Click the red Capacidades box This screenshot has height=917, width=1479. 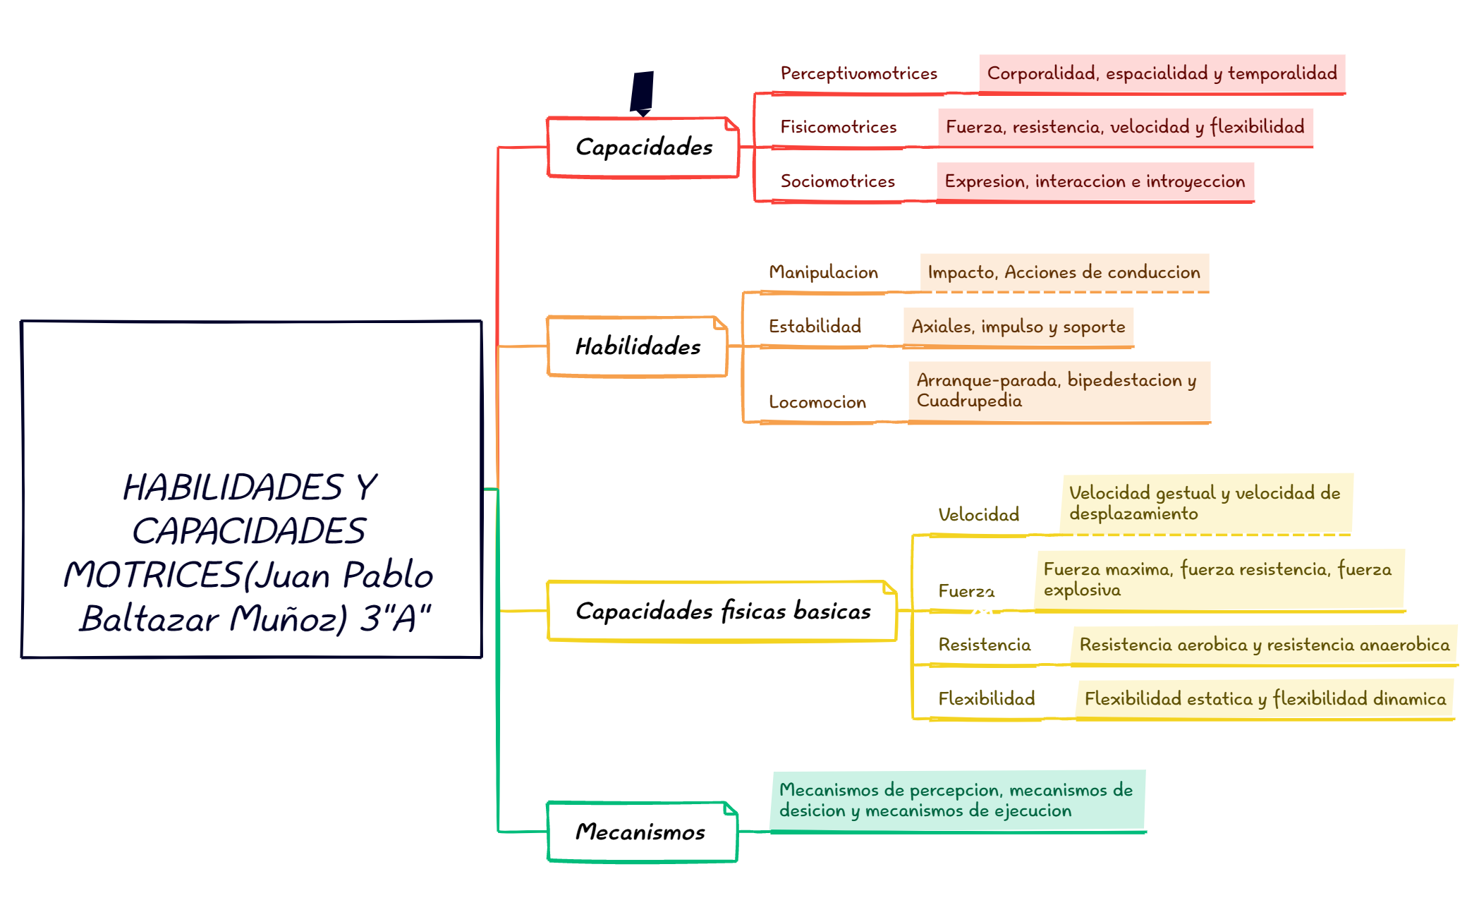click(x=643, y=147)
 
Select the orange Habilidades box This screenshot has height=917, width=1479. click(x=638, y=346)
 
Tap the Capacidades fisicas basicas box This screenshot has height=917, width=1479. click(x=722, y=611)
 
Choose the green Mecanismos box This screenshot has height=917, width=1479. click(x=643, y=832)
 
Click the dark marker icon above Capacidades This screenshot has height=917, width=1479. click(x=642, y=93)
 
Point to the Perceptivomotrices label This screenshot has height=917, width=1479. click(x=858, y=73)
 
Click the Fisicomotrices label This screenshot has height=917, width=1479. click(x=838, y=127)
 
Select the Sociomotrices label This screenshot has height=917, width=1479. click(x=837, y=181)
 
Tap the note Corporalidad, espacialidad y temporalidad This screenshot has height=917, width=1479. click(x=1162, y=73)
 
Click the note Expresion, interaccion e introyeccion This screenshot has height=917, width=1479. click(x=1095, y=182)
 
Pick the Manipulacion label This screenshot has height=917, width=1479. click(x=823, y=272)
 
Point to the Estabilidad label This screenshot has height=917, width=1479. click(x=815, y=326)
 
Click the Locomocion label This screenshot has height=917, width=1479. click(x=817, y=402)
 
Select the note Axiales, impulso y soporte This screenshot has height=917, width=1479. click(x=1018, y=327)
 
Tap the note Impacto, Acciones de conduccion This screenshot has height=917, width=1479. click(x=1064, y=272)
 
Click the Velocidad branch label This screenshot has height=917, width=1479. click(x=979, y=515)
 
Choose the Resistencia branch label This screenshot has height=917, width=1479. click(x=985, y=645)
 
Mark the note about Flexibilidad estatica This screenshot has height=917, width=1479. click(x=1265, y=699)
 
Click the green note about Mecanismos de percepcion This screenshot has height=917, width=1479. click(x=958, y=801)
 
